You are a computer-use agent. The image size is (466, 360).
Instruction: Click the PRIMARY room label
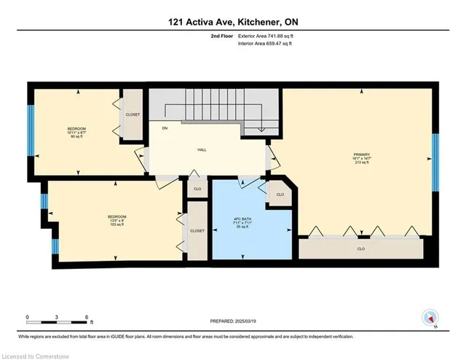pos(362,154)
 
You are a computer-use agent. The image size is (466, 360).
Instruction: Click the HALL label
pos(202,149)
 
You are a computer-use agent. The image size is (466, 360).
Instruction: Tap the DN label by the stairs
pos(165,128)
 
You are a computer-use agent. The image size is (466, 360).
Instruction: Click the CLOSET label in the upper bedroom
pos(133,114)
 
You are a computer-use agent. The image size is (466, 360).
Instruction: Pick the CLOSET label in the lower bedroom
pos(197,230)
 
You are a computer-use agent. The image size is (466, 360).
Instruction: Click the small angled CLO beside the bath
pos(280,195)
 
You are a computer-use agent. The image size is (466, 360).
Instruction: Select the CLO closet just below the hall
pos(197,189)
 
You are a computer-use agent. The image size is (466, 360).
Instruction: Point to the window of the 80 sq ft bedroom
pos(31,130)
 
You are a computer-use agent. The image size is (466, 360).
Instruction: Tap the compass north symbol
pos(429,318)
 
